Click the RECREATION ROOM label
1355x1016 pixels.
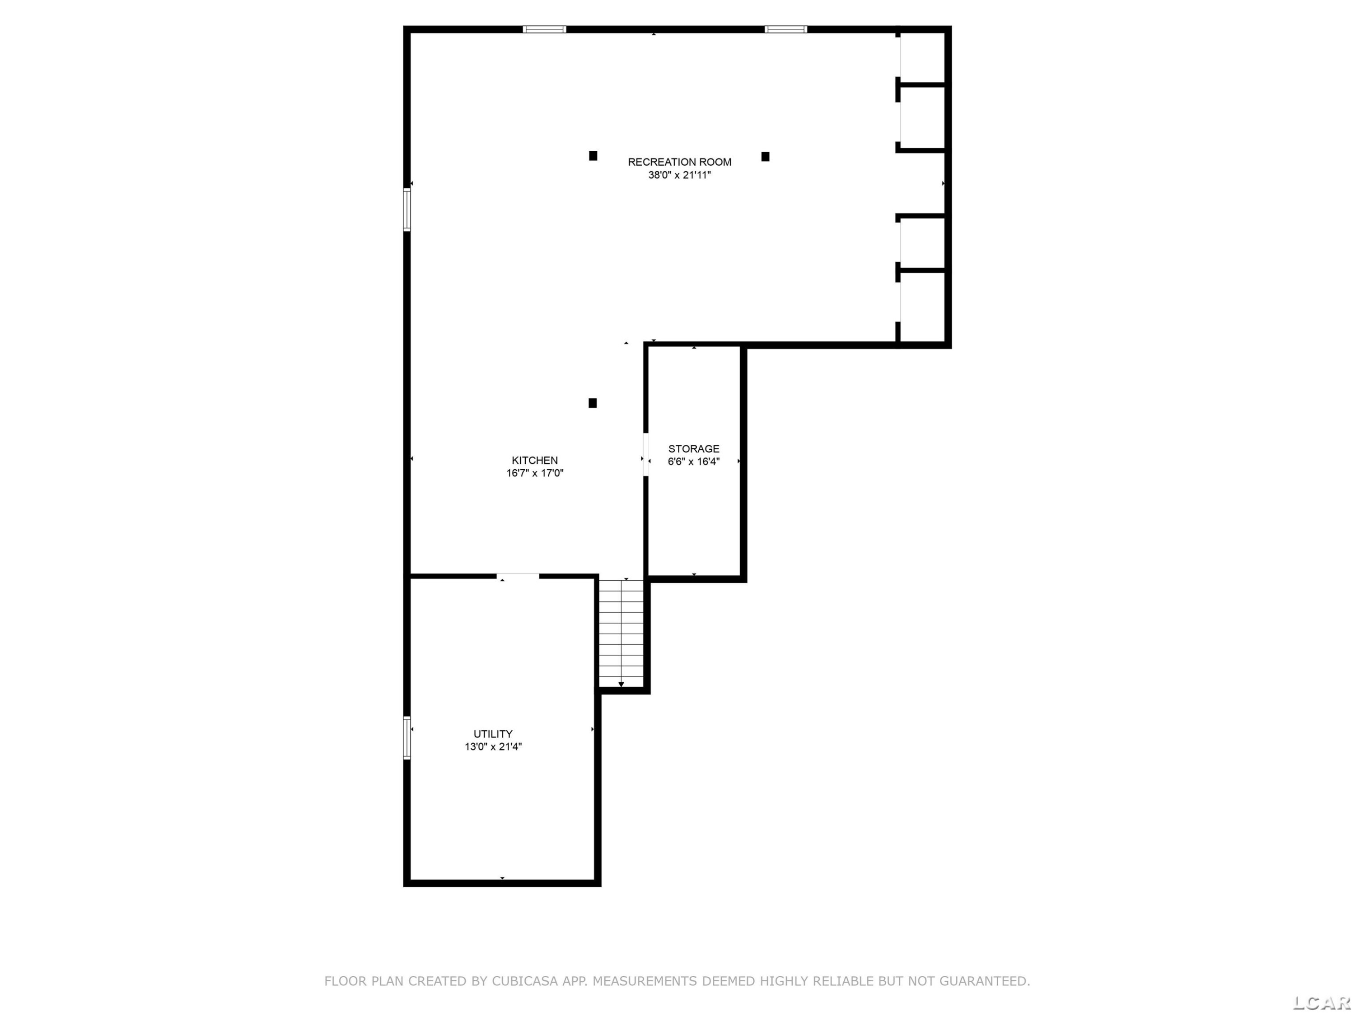679,162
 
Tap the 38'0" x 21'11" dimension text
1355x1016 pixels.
679,175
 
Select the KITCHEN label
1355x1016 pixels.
535,461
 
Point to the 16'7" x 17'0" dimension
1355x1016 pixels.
535,473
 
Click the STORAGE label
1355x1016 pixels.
693,449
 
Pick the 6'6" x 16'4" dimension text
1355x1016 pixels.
693,462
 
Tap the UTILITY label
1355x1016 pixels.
493,734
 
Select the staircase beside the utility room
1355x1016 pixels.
621,633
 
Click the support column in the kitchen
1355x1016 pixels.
592,403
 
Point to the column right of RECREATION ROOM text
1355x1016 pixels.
765,157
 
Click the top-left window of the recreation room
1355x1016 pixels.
544,29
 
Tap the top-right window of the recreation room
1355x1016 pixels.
786,29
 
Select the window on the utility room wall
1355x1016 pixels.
407,738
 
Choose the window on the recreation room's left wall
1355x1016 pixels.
407,210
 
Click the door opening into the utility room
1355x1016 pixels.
518,576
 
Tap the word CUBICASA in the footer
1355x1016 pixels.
525,981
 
